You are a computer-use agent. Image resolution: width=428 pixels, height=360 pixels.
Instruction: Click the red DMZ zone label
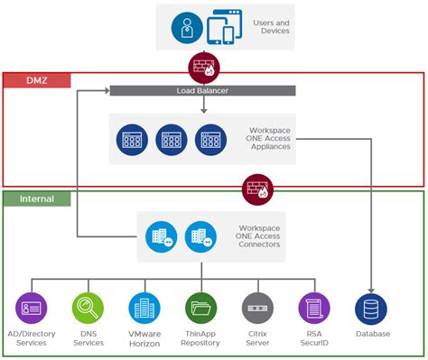pyautogui.click(x=37, y=80)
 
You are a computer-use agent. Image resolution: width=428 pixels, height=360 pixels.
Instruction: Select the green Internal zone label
pyautogui.click(x=37, y=198)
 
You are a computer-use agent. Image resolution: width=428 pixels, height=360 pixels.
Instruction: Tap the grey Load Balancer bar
pyautogui.click(x=202, y=90)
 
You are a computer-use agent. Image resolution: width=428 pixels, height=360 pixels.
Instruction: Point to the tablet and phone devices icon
pyautogui.click(x=221, y=28)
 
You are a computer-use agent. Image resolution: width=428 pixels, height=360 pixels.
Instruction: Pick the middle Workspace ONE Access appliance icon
pyautogui.click(x=170, y=140)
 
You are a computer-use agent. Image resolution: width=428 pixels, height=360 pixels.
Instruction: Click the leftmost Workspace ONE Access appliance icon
pyautogui.click(x=134, y=140)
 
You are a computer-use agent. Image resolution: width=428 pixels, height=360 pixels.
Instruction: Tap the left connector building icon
pyautogui.click(x=161, y=237)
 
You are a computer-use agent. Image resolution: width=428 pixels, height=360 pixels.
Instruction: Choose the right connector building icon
pyautogui.click(x=200, y=237)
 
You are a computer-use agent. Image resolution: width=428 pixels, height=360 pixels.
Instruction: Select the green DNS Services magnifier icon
pyautogui.click(x=88, y=308)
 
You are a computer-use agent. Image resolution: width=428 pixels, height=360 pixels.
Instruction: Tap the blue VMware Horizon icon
pyautogui.click(x=144, y=308)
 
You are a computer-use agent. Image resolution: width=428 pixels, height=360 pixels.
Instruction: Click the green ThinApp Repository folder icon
pyautogui.click(x=200, y=308)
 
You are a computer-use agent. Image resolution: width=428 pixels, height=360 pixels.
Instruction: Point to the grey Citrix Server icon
pyautogui.click(x=257, y=308)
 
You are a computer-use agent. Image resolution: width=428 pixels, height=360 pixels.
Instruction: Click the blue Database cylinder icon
pyautogui.click(x=372, y=308)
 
